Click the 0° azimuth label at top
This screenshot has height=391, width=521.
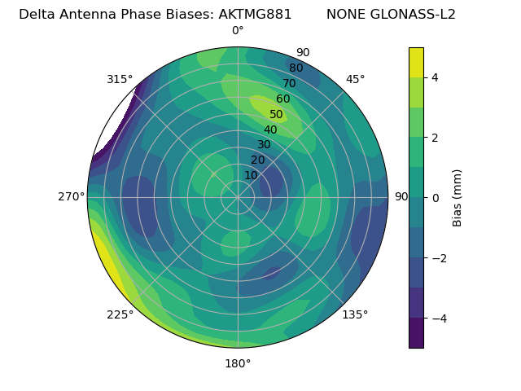tap(238, 31)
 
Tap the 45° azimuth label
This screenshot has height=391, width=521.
tap(355, 79)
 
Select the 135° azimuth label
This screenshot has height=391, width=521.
tap(355, 314)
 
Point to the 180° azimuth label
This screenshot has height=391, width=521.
tap(238, 363)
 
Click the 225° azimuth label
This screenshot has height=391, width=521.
tap(120, 315)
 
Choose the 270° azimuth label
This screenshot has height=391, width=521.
tap(71, 197)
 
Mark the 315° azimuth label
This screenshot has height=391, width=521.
tap(120, 79)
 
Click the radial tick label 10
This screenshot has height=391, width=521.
tap(251, 175)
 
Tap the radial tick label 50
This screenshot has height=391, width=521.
tap(276, 115)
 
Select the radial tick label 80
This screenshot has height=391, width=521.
tap(296, 68)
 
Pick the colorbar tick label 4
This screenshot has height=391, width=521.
tap(436, 77)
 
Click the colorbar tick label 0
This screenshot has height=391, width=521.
tap(436, 197)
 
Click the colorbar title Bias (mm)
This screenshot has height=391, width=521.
tap(458, 197)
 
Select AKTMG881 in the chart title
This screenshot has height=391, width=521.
tap(256, 15)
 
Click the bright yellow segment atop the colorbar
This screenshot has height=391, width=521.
tap(416, 62)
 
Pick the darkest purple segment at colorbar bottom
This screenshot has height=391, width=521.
tap(416, 333)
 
